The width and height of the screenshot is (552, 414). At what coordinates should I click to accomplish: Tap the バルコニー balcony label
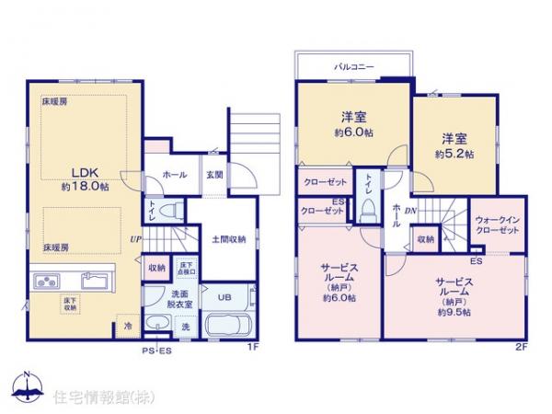pos(352,66)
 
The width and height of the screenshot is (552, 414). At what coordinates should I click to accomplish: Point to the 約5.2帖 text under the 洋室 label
pos(453,155)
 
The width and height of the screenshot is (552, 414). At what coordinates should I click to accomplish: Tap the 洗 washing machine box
pos(184,328)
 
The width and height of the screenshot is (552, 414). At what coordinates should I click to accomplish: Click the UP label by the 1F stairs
pos(136,239)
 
